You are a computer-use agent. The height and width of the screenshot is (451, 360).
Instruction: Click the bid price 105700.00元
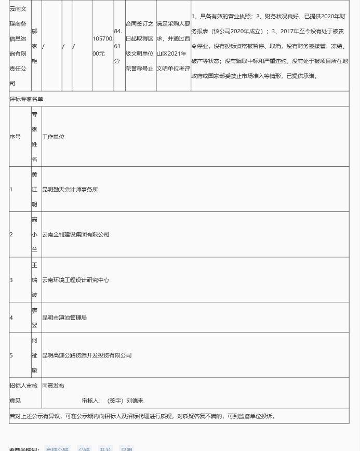pos(102,46)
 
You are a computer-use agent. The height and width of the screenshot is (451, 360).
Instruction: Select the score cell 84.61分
pos(119,46)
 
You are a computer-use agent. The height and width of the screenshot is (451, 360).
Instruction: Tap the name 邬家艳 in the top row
pos(35,46)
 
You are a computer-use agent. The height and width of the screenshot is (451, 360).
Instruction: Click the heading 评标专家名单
pos(26,99)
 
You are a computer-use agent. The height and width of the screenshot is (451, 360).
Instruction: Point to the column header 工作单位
pos(54,137)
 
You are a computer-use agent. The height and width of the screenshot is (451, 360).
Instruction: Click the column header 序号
pos(15,137)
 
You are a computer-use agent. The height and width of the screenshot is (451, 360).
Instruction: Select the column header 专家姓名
pos(35,137)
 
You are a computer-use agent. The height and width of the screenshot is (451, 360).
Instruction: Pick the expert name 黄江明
pos(35,189)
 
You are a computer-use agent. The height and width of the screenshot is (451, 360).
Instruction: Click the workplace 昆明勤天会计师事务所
pos(70,190)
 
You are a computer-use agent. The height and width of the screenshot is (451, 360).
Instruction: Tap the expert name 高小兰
pos(35,234)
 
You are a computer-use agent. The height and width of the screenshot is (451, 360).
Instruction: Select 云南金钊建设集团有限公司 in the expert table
pos(76,235)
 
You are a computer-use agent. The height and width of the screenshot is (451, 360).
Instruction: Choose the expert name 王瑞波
pos(35,280)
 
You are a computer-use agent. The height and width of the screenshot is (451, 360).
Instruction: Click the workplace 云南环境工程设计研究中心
pos(76,280)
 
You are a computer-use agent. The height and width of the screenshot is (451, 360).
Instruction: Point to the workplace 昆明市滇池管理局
pos(64,317)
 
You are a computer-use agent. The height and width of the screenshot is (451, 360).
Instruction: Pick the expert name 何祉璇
pos(35,355)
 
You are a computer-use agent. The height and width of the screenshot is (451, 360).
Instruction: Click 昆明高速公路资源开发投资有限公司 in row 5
pos(87,355)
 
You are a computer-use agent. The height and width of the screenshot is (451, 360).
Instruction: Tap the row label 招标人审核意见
pos(23,393)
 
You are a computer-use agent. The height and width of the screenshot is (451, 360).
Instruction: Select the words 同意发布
pos(54,386)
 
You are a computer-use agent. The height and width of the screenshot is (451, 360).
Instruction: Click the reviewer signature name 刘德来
pos(135,401)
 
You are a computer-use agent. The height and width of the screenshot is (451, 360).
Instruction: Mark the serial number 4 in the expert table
pos(11,317)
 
